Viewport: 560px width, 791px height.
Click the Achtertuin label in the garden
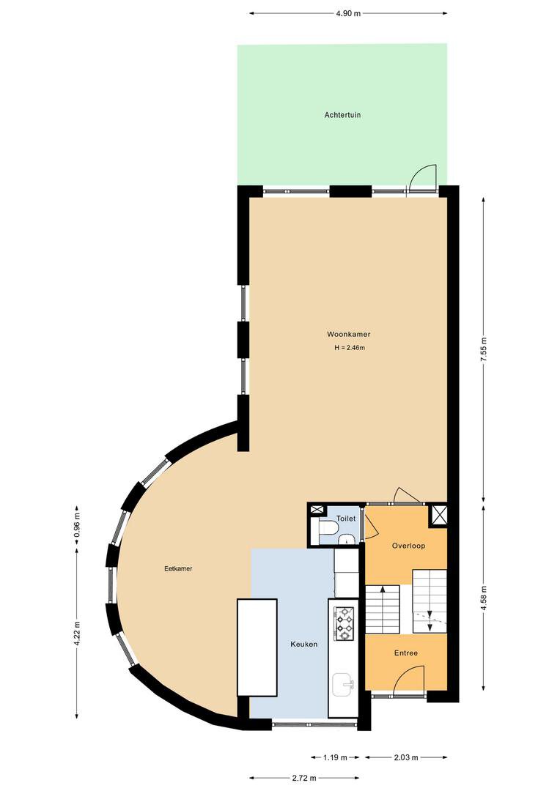click(342, 115)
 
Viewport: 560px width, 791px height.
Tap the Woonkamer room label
click(348, 334)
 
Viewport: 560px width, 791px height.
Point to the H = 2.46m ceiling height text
click(350, 348)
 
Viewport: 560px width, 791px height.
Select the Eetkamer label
click(178, 568)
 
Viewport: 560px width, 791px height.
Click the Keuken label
click(304, 645)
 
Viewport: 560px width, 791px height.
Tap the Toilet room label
click(346, 519)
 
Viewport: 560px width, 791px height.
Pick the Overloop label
click(408, 546)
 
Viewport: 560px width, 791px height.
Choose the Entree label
click(406, 653)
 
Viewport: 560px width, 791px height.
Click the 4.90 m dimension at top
click(348, 14)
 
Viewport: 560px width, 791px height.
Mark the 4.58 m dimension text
click(483, 598)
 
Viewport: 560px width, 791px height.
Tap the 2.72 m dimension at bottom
click(304, 778)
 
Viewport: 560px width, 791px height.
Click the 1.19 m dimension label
click(335, 757)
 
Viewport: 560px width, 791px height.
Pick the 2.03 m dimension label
click(406, 757)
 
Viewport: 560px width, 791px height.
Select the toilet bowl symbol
click(328, 528)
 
